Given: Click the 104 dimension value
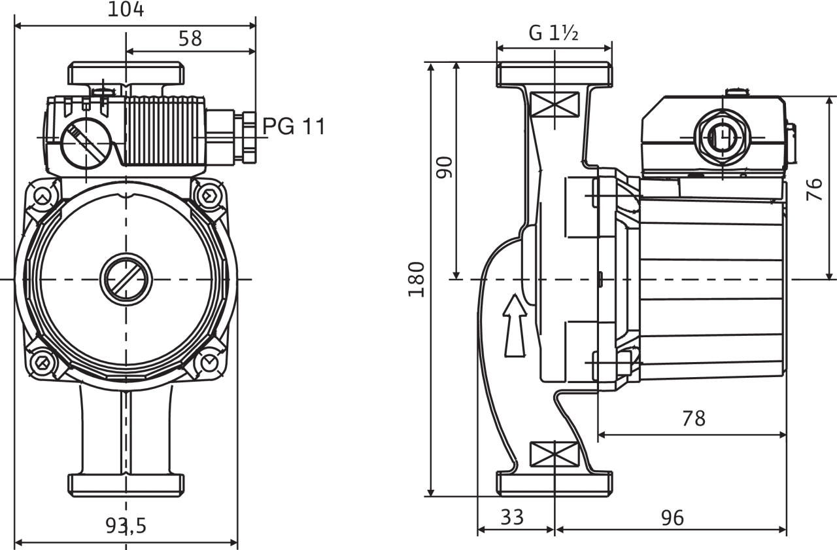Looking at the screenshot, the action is [x=126, y=9].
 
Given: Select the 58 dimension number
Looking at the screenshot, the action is [x=190, y=38].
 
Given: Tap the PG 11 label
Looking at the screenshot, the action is [x=294, y=126].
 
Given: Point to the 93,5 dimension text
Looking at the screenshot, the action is [x=126, y=526].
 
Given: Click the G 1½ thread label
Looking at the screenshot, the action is [x=553, y=33].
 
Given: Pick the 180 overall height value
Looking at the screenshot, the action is [x=417, y=280].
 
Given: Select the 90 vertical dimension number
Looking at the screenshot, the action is [x=445, y=167].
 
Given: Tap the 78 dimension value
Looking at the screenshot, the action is [x=694, y=418].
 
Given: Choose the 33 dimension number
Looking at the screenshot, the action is [x=512, y=517].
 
